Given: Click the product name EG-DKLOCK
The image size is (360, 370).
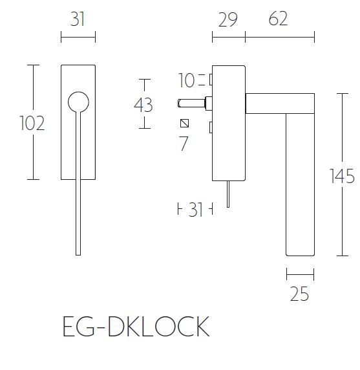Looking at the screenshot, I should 136,327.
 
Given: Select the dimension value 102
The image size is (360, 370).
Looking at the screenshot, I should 32,122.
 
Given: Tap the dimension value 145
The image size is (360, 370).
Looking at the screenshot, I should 341,175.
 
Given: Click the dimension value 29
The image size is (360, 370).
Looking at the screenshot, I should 227,19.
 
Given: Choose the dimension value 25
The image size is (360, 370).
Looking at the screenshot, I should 299,294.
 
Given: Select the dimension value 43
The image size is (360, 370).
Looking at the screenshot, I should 143,104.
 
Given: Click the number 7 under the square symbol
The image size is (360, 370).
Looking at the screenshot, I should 184,144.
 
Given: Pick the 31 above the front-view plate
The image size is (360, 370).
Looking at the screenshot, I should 78,19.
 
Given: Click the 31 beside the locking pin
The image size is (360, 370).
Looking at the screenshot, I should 196,210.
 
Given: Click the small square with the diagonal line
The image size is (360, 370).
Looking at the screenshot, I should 184,124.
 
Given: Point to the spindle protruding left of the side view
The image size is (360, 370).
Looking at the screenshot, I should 191,102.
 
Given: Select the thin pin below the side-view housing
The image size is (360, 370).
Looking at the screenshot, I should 228,194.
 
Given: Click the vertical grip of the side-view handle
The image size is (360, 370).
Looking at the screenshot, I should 300,188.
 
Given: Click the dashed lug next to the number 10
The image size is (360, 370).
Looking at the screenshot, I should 211,80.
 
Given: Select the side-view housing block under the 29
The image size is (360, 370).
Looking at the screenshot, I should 228,123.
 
